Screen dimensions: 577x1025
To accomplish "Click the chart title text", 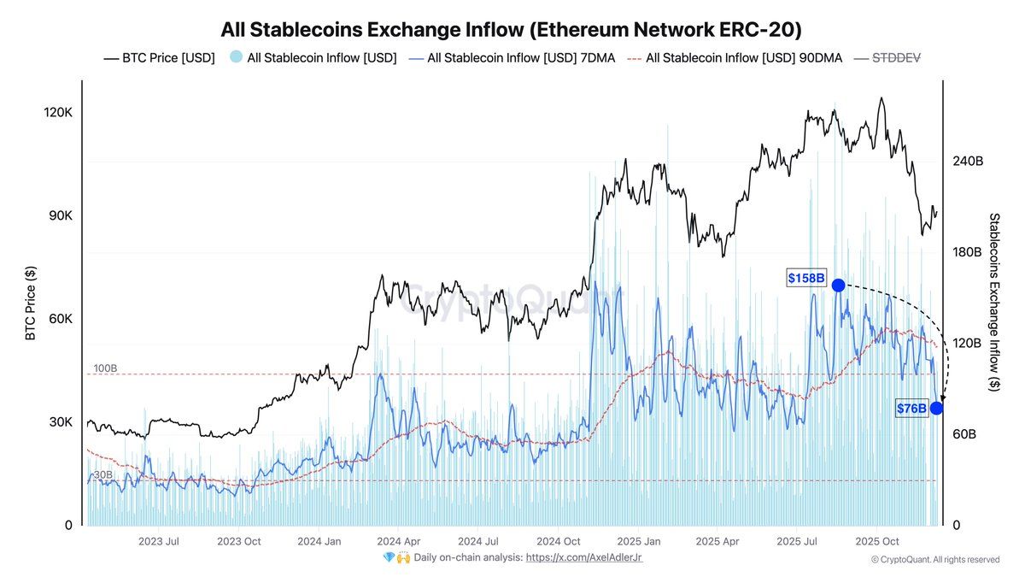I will pyautogui.click(x=511, y=30).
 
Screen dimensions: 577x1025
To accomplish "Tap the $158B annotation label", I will pyautogui.click(x=806, y=279).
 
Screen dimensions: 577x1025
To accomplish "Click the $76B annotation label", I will pyautogui.click(x=911, y=409).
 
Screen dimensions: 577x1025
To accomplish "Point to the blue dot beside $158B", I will pyautogui.click(x=838, y=285).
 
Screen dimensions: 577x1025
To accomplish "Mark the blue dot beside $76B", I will pyautogui.click(x=936, y=409).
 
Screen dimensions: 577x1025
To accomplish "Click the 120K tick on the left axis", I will pyautogui.click(x=58, y=113).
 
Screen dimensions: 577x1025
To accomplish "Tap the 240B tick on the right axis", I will pyautogui.click(x=968, y=161).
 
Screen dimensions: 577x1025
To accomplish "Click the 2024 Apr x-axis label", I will pyautogui.click(x=398, y=541).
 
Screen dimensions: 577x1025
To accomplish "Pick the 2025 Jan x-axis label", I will pyautogui.click(x=639, y=541).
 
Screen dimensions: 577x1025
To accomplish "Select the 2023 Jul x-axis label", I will pyautogui.click(x=159, y=541).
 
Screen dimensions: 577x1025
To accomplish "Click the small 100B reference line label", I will pyautogui.click(x=105, y=368).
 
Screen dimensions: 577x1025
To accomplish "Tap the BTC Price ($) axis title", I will pyautogui.click(x=31, y=302).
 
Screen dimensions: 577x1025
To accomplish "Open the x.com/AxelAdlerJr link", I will pyautogui.click(x=584, y=557).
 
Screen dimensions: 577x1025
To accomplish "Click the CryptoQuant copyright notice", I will pyautogui.click(x=934, y=559).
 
